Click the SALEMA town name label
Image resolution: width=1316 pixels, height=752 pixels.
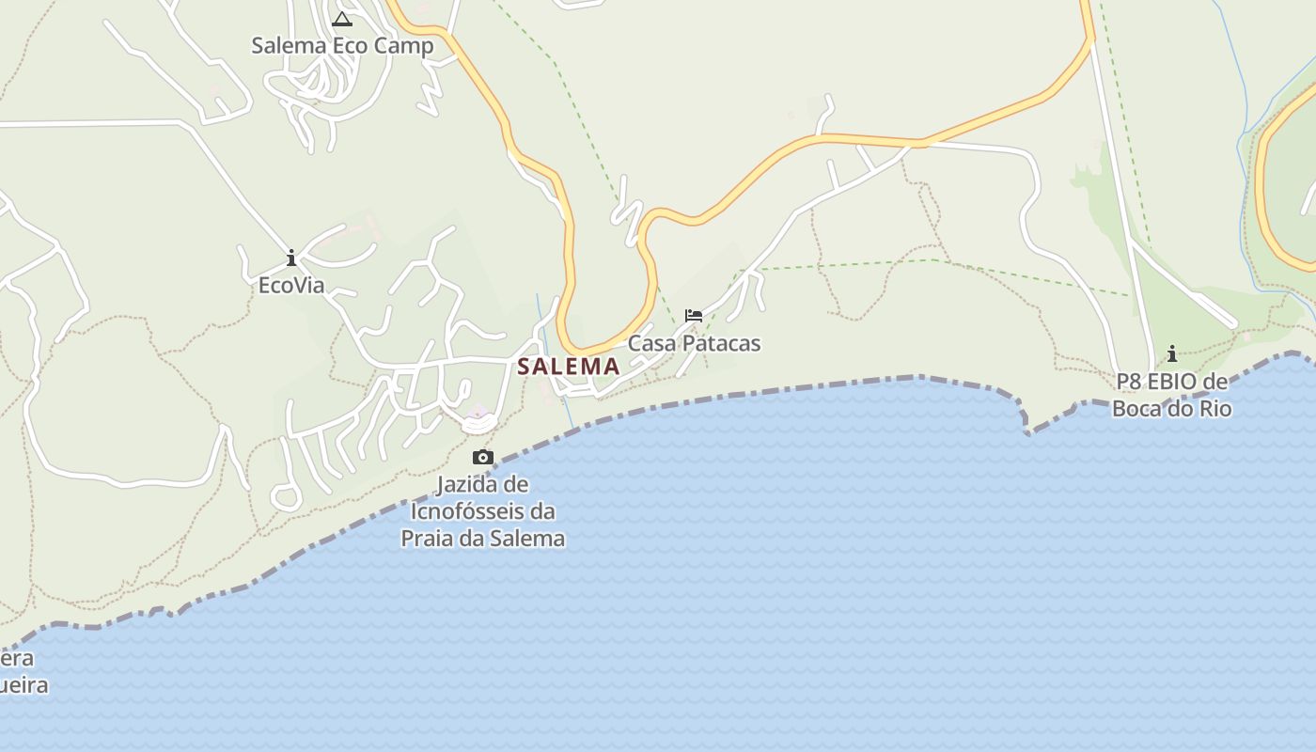coord(569,367)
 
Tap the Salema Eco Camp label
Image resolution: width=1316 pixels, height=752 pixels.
coord(342,45)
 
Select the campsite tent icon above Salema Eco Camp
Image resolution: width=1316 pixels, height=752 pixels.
coord(342,19)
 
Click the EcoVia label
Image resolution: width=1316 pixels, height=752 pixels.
coord(291,285)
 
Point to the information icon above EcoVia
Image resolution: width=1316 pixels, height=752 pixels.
coord(291,258)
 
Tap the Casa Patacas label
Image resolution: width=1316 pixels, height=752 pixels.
coord(694,343)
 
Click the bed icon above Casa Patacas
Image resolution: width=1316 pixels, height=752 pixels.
coord(694,315)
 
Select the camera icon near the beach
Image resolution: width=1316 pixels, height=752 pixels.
coord(483,458)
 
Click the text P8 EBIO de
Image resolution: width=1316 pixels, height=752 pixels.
coord(1172,382)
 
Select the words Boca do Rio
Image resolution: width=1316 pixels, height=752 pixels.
coord(1172,409)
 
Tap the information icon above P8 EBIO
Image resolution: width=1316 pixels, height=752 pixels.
coord(1172,354)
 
